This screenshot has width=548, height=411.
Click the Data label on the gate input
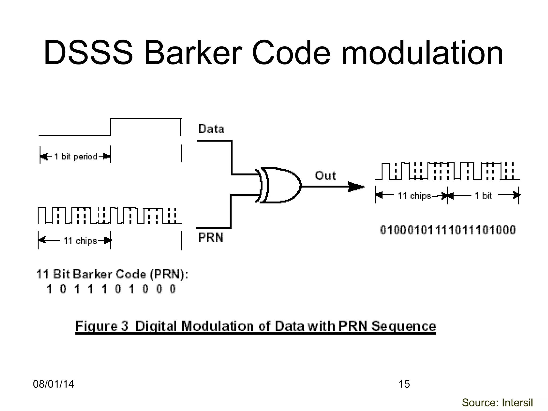211,129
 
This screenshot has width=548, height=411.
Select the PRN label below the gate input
211,237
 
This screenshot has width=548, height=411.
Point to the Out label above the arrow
325,176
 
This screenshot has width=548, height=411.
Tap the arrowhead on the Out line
356,187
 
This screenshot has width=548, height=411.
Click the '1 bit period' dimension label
75,156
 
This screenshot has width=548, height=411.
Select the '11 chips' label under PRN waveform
80,241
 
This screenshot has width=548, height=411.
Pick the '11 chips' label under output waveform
414,196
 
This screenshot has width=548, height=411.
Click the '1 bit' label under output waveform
483,196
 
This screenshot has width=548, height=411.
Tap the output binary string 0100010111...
448,230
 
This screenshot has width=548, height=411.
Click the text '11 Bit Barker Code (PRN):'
112,275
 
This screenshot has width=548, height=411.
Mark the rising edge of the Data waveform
111,127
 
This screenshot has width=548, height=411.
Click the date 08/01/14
53,384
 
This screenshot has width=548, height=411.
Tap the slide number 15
404,384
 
